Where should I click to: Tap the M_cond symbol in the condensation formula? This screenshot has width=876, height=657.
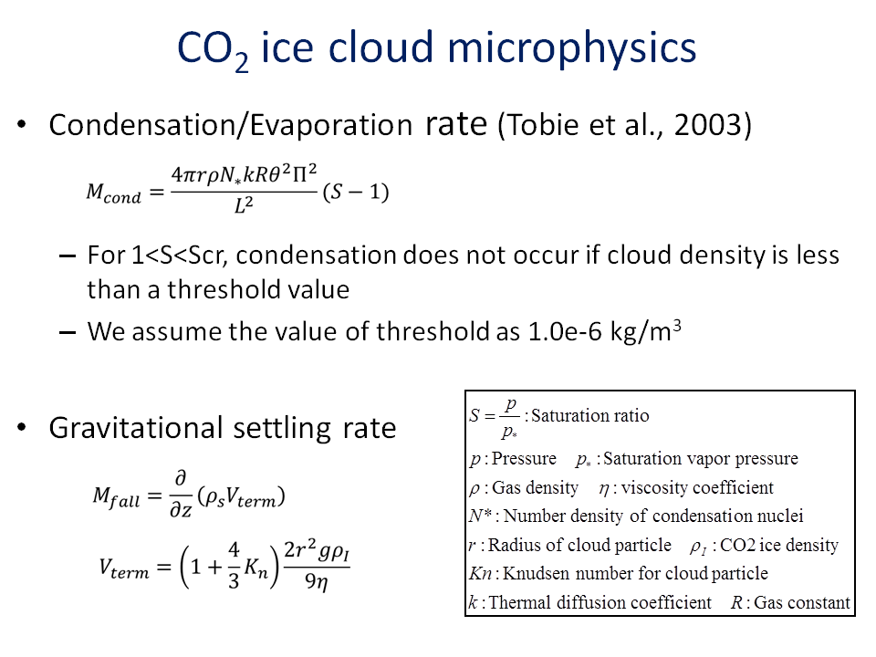[x=113, y=193]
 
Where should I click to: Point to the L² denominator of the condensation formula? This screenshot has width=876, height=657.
[x=244, y=205]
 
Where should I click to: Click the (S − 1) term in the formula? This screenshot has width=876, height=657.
[x=356, y=192]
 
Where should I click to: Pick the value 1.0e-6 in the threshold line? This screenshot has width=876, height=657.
[x=565, y=332]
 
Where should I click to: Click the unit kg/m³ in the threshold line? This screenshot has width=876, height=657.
[x=646, y=331]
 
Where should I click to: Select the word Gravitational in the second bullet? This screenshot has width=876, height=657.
[x=136, y=429]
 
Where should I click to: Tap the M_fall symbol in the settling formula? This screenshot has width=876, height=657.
[x=116, y=496]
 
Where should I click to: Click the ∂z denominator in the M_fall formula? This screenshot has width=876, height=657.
[x=181, y=509]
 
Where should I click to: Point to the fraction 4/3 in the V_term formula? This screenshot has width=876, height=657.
[x=234, y=566]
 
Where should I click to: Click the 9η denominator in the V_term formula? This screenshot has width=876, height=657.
[x=316, y=582]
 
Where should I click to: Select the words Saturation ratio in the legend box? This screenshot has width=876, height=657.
[x=590, y=416]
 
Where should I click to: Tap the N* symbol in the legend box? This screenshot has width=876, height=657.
[x=480, y=515]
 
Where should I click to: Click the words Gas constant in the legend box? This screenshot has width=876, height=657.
[x=802, y=603]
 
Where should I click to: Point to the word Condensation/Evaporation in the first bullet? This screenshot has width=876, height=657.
[x=230, y=125]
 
